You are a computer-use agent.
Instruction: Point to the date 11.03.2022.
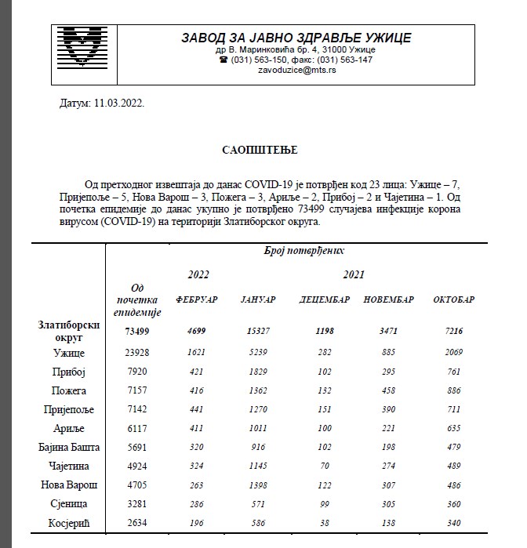[118, 103]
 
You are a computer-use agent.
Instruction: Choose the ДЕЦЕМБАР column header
[324, 300]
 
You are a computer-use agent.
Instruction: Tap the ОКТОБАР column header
[453, 300]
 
